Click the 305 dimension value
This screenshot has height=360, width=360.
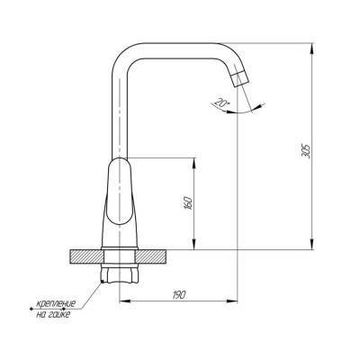[x=306, y=151]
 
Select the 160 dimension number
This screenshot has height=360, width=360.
[x=189, y=203]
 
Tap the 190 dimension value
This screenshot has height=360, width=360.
[x=179, y=294]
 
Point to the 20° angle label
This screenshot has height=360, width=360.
[x=222, y=103]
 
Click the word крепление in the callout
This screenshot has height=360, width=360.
[x=56, y=304]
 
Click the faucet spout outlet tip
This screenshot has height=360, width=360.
[x=242, y=79]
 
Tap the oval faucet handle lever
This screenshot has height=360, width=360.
[x=120, y=191]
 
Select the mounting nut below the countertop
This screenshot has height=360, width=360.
[x=121, y=273]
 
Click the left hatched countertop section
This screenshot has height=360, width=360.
[x=87, y=256]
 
